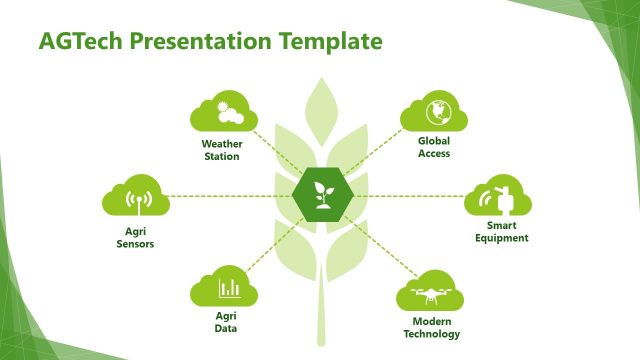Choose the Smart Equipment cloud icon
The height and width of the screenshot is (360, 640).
(x=499, y=197)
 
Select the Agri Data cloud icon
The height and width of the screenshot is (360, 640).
(x=225, y=288)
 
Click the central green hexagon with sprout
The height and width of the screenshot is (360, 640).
(x=321, y=195)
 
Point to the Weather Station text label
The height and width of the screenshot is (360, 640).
(x=221, y=150)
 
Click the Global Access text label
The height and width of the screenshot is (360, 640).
(x=434, y=147)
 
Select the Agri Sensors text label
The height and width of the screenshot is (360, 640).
(x=133, y=237)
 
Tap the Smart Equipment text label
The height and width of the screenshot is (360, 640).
(x=500, y=232)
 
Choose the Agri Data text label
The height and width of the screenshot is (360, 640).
(x=226, y=323)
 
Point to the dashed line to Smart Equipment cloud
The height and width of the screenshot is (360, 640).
(x=410, y=195)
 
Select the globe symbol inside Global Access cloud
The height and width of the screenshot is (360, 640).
(x=435, y=110)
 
